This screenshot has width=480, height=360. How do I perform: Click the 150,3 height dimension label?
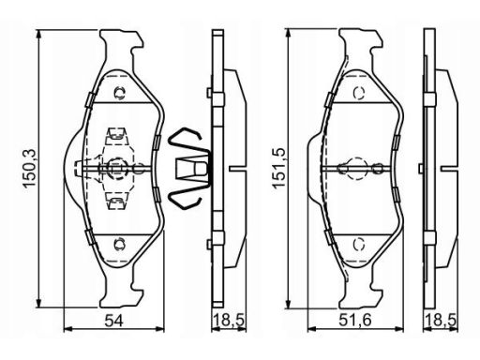(x=30, y=169)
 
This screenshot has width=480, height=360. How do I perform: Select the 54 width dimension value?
(x=113, y=321)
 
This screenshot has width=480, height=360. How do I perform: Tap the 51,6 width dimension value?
(x=355, y=321)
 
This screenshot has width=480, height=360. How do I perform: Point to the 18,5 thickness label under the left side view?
(x=229, y=321)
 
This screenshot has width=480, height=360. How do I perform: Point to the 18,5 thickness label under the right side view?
(x=441, y=321)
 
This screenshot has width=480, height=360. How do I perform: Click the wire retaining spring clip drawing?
(x=189, y=169)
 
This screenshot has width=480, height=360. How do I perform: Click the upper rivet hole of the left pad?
(x=120, y=93)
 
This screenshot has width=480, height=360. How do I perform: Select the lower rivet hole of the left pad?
(x=120, y=245)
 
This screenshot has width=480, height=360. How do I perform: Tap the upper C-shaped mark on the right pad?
(x=359, y=93)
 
